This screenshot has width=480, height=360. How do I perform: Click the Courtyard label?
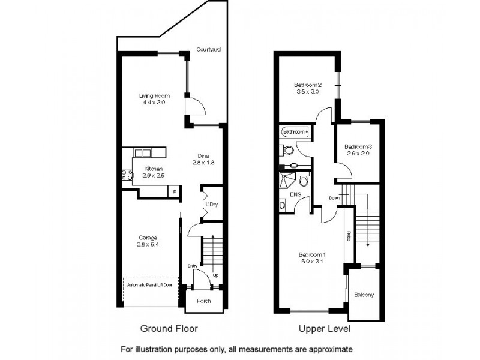(209, 49)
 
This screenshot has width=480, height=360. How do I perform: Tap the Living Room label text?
(154, 95)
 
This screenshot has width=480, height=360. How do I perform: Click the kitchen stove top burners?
(127, 176)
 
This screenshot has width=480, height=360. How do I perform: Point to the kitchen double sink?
(143, 153)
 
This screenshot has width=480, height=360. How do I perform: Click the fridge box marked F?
(175, 191)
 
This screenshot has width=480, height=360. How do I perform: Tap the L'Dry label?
(211, 205)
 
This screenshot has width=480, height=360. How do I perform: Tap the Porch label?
(204, 301)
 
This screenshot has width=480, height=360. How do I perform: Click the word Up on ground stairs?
(215, 274)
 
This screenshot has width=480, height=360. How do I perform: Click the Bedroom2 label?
(308, 85)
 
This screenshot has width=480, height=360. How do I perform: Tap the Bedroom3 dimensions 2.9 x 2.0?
(359, 154)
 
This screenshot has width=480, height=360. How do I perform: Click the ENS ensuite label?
(295, 195)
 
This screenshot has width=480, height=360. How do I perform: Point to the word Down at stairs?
(334, 199)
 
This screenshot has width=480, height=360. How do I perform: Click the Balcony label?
(364, 295)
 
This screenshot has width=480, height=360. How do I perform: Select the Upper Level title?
(325, 329)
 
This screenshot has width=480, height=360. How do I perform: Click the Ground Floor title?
(169, 329)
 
